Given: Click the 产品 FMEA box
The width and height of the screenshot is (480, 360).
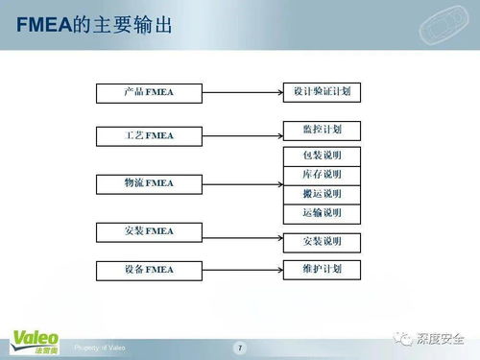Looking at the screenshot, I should coord(149,93).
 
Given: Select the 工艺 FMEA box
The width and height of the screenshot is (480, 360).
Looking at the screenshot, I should coord(149,136).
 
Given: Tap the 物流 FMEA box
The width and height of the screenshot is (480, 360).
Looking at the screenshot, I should coord(149,182).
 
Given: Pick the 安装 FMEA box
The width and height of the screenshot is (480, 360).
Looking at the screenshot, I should coord(149,230).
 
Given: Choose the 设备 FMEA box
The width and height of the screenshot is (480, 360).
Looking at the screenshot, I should coord(149,268).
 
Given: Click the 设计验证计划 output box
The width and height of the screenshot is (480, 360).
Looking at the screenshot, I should coord(322,91).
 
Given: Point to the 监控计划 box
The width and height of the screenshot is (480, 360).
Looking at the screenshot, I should coord(322,129).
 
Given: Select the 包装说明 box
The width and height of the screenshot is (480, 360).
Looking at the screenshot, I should coord(322,155).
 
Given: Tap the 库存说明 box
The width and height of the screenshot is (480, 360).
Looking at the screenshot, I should coord(322,174).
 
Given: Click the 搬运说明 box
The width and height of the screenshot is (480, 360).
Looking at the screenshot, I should coord(322,193).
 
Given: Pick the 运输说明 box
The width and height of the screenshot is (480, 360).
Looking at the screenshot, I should coord(322,212).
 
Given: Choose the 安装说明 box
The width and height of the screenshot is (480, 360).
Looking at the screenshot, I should coord(322,240).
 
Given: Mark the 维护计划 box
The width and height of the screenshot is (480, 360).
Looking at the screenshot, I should coord(322,268).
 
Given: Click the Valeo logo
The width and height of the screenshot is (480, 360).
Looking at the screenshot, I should coord(34,340).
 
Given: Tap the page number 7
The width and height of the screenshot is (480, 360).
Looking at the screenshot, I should coord(240,347).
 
